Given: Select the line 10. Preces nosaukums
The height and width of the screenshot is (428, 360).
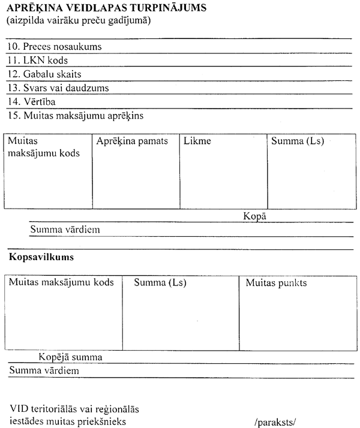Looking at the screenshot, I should (55, 46).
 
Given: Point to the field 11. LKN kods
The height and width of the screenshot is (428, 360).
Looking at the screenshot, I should (38, 61).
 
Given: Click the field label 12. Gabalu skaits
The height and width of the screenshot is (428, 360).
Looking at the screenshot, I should (45, 74).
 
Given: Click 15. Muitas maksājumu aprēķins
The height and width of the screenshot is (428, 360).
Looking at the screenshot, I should (76, 115).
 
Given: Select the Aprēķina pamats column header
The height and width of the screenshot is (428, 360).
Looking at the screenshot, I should (132, 141).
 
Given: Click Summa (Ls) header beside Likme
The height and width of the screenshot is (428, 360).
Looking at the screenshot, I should (298, 141).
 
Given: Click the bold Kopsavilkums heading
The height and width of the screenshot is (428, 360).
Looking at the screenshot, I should (41, 257).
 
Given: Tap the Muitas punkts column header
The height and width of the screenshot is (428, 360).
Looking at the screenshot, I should (276, 283).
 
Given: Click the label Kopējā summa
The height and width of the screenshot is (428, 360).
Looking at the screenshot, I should (70, 357).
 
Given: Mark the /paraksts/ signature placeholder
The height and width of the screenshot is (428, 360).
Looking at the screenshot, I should (276, 422).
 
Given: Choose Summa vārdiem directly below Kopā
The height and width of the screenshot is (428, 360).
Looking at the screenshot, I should (65, 230).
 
